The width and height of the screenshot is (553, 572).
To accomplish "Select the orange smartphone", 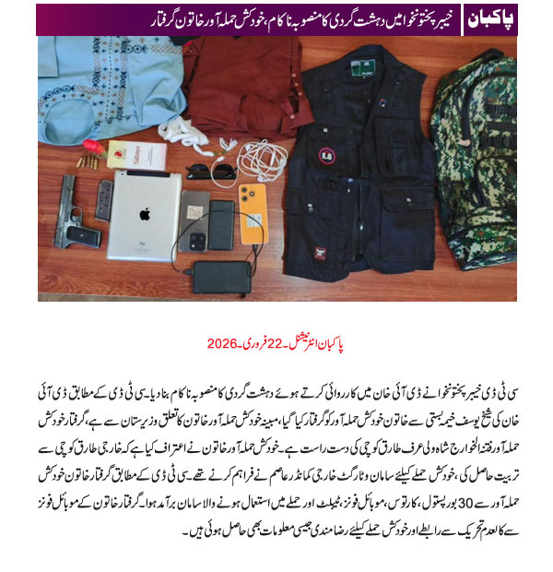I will pyautogui.click(x=252, y=209).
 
